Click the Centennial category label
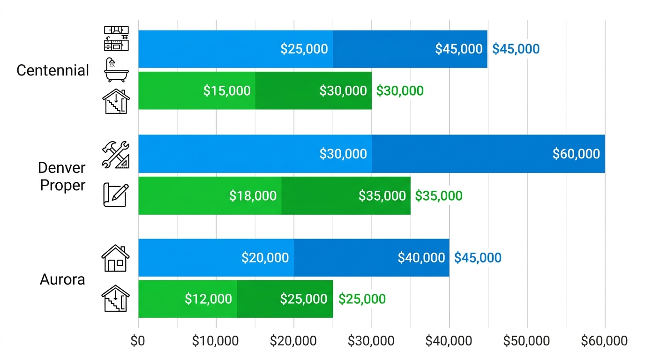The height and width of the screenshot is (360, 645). (52, 71)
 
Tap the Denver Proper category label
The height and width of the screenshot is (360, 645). (62, 176)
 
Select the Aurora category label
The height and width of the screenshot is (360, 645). (62, 279)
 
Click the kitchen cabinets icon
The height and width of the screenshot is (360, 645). (116, 39)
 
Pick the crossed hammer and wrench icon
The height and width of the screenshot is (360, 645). (116, 154)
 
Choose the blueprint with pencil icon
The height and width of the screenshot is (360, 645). (115, 195)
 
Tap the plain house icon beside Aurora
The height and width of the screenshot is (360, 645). (115, 259)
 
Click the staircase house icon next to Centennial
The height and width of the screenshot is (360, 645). (116, 101)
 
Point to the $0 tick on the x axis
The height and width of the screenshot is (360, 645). (138, 341)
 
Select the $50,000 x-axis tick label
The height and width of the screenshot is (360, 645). (526, 341)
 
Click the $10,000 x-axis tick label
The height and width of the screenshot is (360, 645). (216, 341)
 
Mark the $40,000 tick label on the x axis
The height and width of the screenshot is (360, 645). (449, 341)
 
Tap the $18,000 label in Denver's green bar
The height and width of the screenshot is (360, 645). (253, 196)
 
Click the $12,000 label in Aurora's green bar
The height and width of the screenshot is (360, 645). (208, 299)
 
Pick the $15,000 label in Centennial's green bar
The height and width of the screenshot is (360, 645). (227, 91)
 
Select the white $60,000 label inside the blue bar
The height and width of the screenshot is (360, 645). (576, 154)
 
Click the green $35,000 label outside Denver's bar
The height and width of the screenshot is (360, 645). (439, 196)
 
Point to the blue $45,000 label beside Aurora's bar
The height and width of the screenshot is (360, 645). (478, 258)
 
